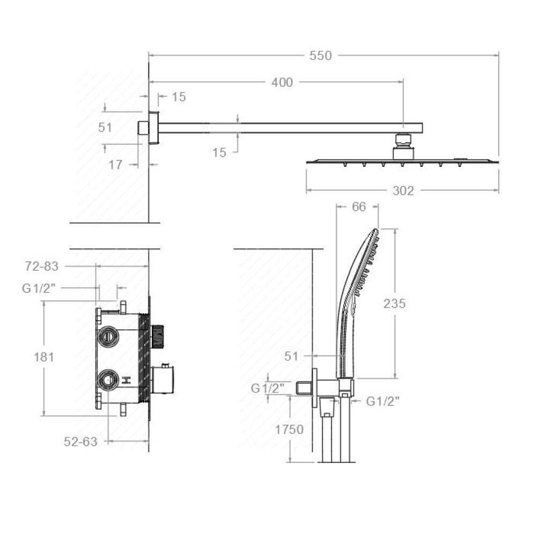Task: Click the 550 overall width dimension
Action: pos(320,56)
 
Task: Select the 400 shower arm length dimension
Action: pos(282,83)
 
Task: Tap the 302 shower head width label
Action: pos(403,190)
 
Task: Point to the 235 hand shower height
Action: pos(395,303)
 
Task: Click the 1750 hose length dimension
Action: pos(289,429)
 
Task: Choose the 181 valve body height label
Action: pos(44,357)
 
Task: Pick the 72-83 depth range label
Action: pos(42,266)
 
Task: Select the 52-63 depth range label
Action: pos(80,441)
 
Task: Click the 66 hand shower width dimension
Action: pos(359,207)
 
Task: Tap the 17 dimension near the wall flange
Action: pos(115,165)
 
